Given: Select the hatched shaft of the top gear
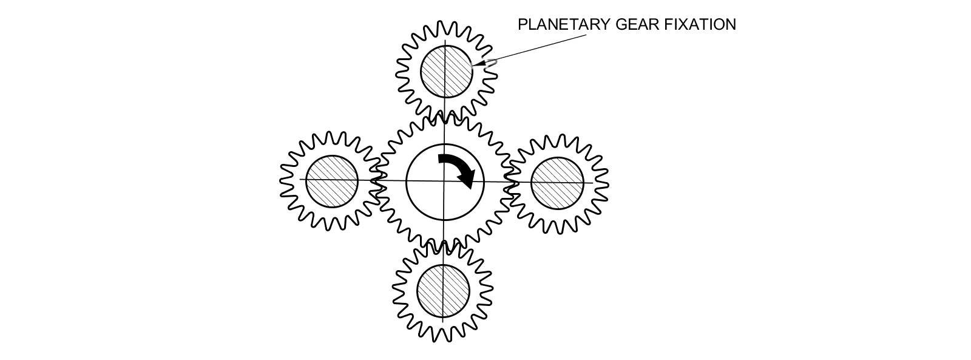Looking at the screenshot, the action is [447, 72].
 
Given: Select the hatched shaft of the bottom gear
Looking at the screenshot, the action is [444, 290].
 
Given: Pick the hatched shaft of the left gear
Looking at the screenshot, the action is [332, 182].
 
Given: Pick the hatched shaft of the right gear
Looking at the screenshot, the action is [558, 183].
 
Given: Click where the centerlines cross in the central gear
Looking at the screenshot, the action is [444, 182].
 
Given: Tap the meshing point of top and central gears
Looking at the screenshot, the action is [445, 116].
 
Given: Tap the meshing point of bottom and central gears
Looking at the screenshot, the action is [444, 246].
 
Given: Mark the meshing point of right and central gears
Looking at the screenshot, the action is [510, 182].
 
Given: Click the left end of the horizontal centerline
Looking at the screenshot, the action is [300, 179].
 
